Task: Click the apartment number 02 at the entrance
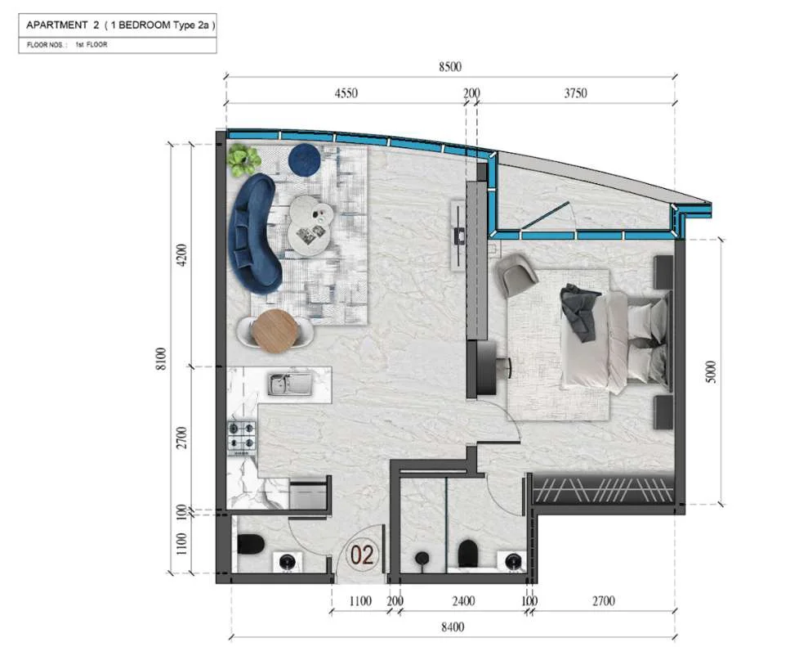pos(362,555)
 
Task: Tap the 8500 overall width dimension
pos(450,67)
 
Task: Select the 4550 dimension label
pos(346,93)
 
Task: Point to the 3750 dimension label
pos(575,93)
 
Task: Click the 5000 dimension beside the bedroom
pos(712,372)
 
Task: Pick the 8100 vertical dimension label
pos(160,358)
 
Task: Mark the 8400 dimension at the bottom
pos(453,627)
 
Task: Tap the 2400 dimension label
pos(463,601)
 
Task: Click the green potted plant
pos(243,160)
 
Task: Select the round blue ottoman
pos(304,158)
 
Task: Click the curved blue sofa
pos(255,232)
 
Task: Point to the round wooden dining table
pos(275,331)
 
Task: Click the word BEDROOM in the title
pos(145,25)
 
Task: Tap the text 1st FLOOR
pos(92,45)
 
